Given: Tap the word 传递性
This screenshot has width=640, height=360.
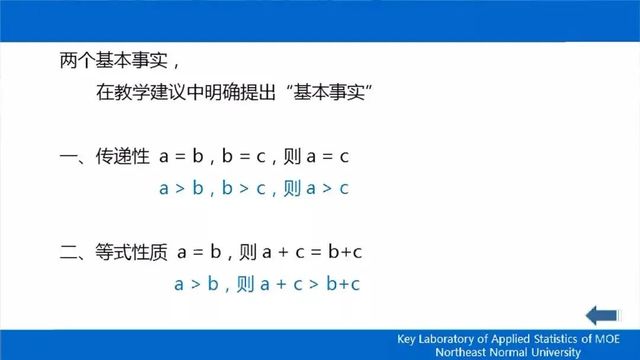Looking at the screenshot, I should coord(120,157).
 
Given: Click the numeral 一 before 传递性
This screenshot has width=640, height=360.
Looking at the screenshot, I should coord(68,157).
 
